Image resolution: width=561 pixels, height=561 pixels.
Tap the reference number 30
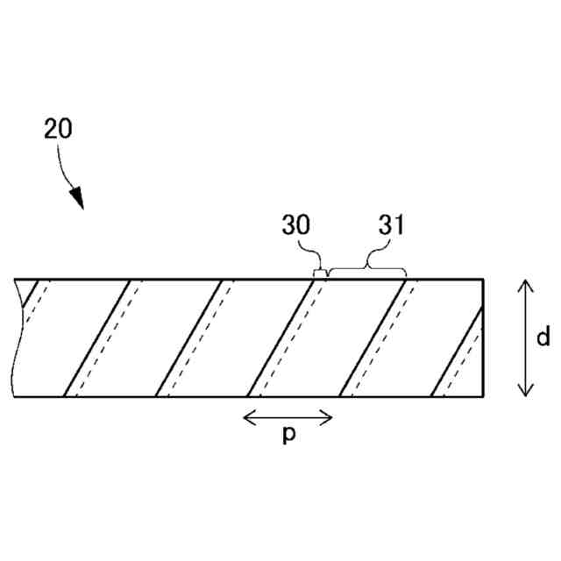click(297, 225)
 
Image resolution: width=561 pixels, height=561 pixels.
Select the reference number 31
click(390, 225)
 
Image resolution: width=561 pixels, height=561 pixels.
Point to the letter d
click(543, 337)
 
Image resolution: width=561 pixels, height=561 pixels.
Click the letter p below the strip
click(288, 437)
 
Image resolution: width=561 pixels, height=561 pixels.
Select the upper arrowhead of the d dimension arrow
click(524, 284)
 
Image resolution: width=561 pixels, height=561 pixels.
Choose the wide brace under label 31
click(366, 266)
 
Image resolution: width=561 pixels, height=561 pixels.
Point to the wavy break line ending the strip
click(15, 337)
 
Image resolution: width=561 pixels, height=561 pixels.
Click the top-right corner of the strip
click(484, 279)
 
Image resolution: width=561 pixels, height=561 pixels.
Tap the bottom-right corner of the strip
click(484, 397)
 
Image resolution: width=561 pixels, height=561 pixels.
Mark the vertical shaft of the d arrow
click(524, 337)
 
